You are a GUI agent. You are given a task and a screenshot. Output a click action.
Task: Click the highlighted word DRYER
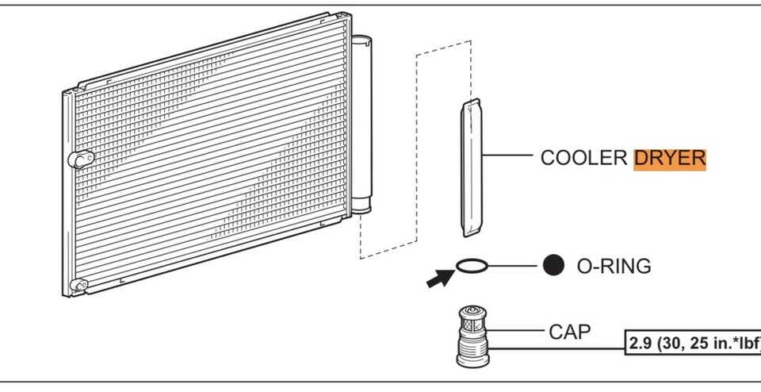tap(670, 159)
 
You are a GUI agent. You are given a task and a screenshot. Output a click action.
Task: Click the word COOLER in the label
tap(584, 159)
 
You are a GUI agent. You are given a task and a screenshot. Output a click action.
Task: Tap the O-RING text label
tap(614, 266)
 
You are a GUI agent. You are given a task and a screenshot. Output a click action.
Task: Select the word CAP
tap(570, 332)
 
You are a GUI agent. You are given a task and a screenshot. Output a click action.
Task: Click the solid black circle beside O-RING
tap(553, 265)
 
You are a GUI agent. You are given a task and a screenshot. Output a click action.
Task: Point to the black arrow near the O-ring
tap(440, 279)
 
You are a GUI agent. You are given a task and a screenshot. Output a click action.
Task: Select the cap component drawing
tap(472, 336)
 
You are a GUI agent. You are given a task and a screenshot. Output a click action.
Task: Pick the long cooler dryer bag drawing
tap(471, 167)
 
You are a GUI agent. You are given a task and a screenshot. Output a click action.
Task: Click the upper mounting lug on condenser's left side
tap(81, 159)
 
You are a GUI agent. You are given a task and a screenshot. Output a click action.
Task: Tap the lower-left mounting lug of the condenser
tap(78, 285)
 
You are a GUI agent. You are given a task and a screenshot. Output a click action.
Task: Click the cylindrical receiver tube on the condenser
tap(361, 124)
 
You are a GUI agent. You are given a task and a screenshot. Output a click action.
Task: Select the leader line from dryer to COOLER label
tap(507, 156)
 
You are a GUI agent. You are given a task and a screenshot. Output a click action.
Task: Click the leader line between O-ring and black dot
tap(512, 266)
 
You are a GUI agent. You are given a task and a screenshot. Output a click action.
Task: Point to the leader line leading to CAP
tap(515, 330)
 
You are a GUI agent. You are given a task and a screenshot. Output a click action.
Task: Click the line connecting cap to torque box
tap(556, 348)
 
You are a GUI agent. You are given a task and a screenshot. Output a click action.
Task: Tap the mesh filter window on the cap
tap(472, 325)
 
